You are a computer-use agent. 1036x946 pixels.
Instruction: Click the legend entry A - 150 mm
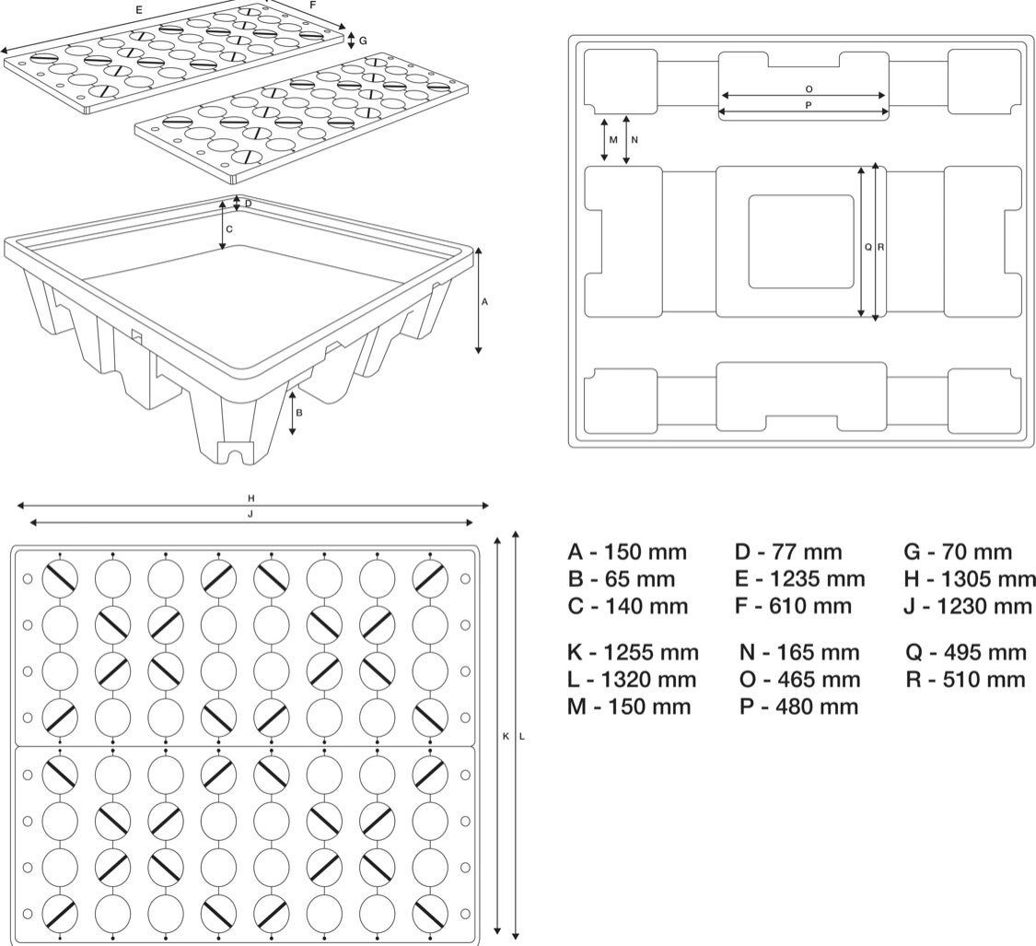pos(626,553)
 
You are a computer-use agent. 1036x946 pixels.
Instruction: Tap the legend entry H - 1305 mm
pos(970,579)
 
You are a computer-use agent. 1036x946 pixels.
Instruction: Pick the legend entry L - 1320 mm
pos(632,680)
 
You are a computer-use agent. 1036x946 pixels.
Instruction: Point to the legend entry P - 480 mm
pos(798,707)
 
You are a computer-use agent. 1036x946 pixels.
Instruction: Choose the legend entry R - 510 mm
pos(966,680)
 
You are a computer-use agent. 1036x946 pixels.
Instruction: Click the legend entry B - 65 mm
pos(621,579)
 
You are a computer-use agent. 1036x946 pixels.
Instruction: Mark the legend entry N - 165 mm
pos(798,653)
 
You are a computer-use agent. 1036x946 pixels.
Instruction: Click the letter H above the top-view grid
pos(250,497)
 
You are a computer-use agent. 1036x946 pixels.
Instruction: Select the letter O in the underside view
pos(809,88)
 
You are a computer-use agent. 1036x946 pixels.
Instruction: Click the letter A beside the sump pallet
pos(485,300)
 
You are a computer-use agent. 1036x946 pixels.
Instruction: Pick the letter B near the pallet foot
pos(298,414)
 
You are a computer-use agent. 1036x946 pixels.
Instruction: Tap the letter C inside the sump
pos(229,228)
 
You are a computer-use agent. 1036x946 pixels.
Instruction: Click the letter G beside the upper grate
pos(363,41)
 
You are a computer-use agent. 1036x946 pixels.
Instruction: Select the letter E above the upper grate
pos(138,9)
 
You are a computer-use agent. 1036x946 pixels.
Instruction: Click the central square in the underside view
pos(800,241)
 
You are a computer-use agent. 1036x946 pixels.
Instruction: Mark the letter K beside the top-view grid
pos(506,736)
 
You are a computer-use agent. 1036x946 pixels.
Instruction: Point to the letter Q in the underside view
pos(868,247)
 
